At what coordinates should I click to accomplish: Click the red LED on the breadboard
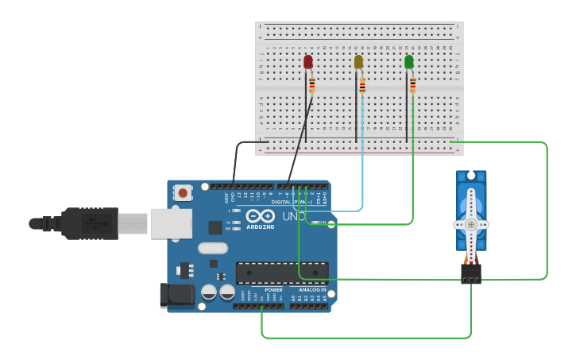click(x=308, y=62)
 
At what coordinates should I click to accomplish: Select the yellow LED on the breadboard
click(x=358, y=62)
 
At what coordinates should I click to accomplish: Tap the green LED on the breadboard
click(x=408, y=62)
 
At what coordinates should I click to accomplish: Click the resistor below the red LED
click(x=311, y=85)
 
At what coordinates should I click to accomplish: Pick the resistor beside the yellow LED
click(x=362, y=86)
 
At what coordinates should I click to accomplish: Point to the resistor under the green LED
click(x=412, y=85)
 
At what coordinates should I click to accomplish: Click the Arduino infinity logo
click(x=260, y=216)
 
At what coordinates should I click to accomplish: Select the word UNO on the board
click(x=295, y=216)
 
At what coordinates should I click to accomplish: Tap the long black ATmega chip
click(x=282, y=273)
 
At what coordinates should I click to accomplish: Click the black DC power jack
click(x=176, y=295)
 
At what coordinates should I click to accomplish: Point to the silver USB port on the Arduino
click(x=171, y=223)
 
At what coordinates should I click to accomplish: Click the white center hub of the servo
click(x=471, y=224)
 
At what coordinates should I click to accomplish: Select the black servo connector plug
click(x=471, y=273)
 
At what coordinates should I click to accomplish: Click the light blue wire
click(x=363, y=159)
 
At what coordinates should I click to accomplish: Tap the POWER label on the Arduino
click(x=273, y=290)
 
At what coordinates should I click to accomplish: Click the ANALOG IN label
click(x=311, y=290)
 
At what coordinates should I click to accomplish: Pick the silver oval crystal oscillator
click(x=213, y=248)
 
